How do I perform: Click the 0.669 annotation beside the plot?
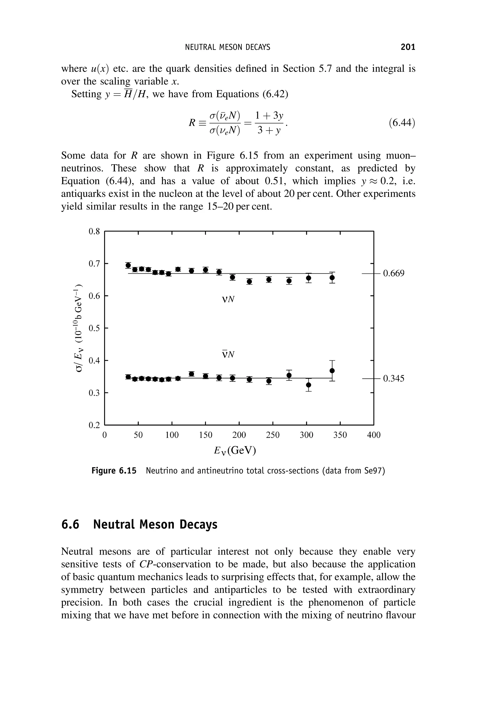pyautogui.click(x=393, y=273)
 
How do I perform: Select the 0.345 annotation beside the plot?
pyautogui.click(x=393, y=378)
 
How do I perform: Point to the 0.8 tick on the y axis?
pyautogui.click(x=94, y=232)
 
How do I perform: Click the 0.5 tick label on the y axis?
pyautogui.click(x=94, y=328)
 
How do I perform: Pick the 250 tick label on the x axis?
pyautogui.click(x=273, y=435)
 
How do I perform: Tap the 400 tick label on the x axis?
pyautogui.click(x=374, y=435)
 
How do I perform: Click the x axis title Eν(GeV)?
pyautogui.click(x=235, y=450)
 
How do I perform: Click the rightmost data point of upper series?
pyautogui.click(x=332, y=278)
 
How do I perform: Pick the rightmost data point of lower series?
pyautogui.click(x=332, y=371)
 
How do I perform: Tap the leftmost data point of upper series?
pyautogui.click(x=128, y=265)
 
